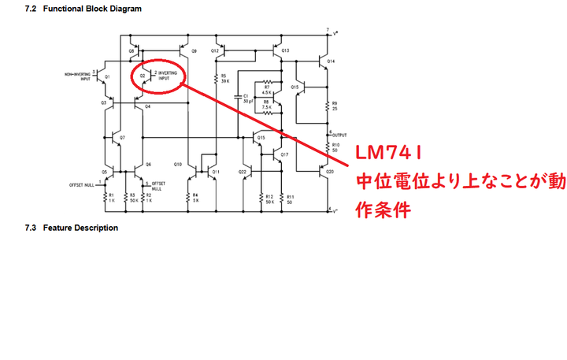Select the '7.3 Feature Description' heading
[x=71, y=228]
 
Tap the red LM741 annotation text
[x=388, y=152]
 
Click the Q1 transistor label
[x=107, y=76]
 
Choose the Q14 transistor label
[x=331, y=61]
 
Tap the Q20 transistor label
[x=330, y=171]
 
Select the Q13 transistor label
[x=285, y=50]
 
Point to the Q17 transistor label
[x=284, y=154]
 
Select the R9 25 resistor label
[x=335, y=106]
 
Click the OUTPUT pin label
[x=340, y=135]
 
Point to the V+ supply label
[x=336, y=35]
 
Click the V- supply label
[x=336, y=210]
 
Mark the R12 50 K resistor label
[x=269, y=198]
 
